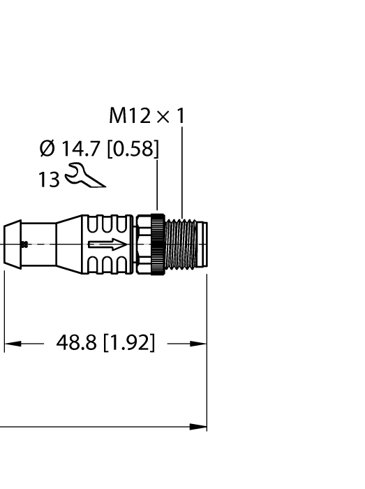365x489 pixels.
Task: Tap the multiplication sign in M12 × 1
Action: [165, 117]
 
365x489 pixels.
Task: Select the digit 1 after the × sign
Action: [181, 116]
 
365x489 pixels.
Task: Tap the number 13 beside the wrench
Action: [49, 179]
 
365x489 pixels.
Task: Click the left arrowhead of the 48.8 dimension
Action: [13, 344]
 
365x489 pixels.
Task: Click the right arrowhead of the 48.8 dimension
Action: [200, 344]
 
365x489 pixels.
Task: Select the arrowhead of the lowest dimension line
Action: [200, 426]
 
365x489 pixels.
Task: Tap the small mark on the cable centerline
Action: [24, 244]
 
